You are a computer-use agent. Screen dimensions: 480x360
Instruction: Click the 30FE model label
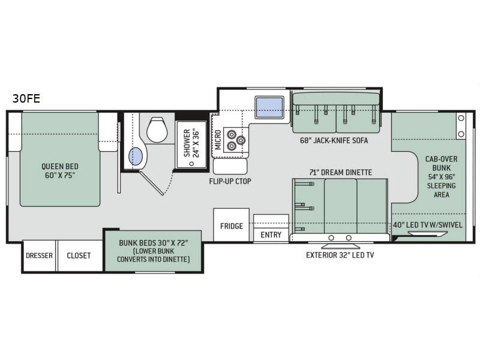click(x=26, y=98)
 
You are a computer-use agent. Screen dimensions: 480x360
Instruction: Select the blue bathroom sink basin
click(x=136, y=156)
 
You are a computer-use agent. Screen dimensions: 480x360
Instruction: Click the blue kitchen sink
click(x=269, y=107)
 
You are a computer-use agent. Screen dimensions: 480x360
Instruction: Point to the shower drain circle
click(x=191, y=163)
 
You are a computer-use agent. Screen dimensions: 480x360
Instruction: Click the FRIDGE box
click(x=232, y=226)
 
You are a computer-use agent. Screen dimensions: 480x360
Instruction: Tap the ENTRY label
click(x=271, y=235)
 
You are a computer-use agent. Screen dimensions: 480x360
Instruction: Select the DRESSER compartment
click(x=39, y=256)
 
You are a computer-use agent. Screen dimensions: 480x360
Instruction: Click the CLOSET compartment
click(x=80, y=256)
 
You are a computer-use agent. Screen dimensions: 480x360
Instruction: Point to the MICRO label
click(x=218, y=140)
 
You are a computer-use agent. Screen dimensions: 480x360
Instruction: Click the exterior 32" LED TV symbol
click(x=340, y=246)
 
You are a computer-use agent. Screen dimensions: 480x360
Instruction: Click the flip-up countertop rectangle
click(x=230, y=167)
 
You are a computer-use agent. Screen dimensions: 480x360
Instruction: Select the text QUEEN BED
click(x=60, y=167)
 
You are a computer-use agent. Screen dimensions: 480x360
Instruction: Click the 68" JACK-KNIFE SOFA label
click(x=334, y=140)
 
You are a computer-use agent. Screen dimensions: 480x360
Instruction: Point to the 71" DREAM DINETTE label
click(x=340, y=172)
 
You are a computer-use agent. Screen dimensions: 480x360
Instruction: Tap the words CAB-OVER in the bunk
click(x=441, y=159)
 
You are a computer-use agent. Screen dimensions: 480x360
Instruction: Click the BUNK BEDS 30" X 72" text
click(x=153, y=243)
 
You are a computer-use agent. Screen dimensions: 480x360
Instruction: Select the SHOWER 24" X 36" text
click(x=191, y=143)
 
